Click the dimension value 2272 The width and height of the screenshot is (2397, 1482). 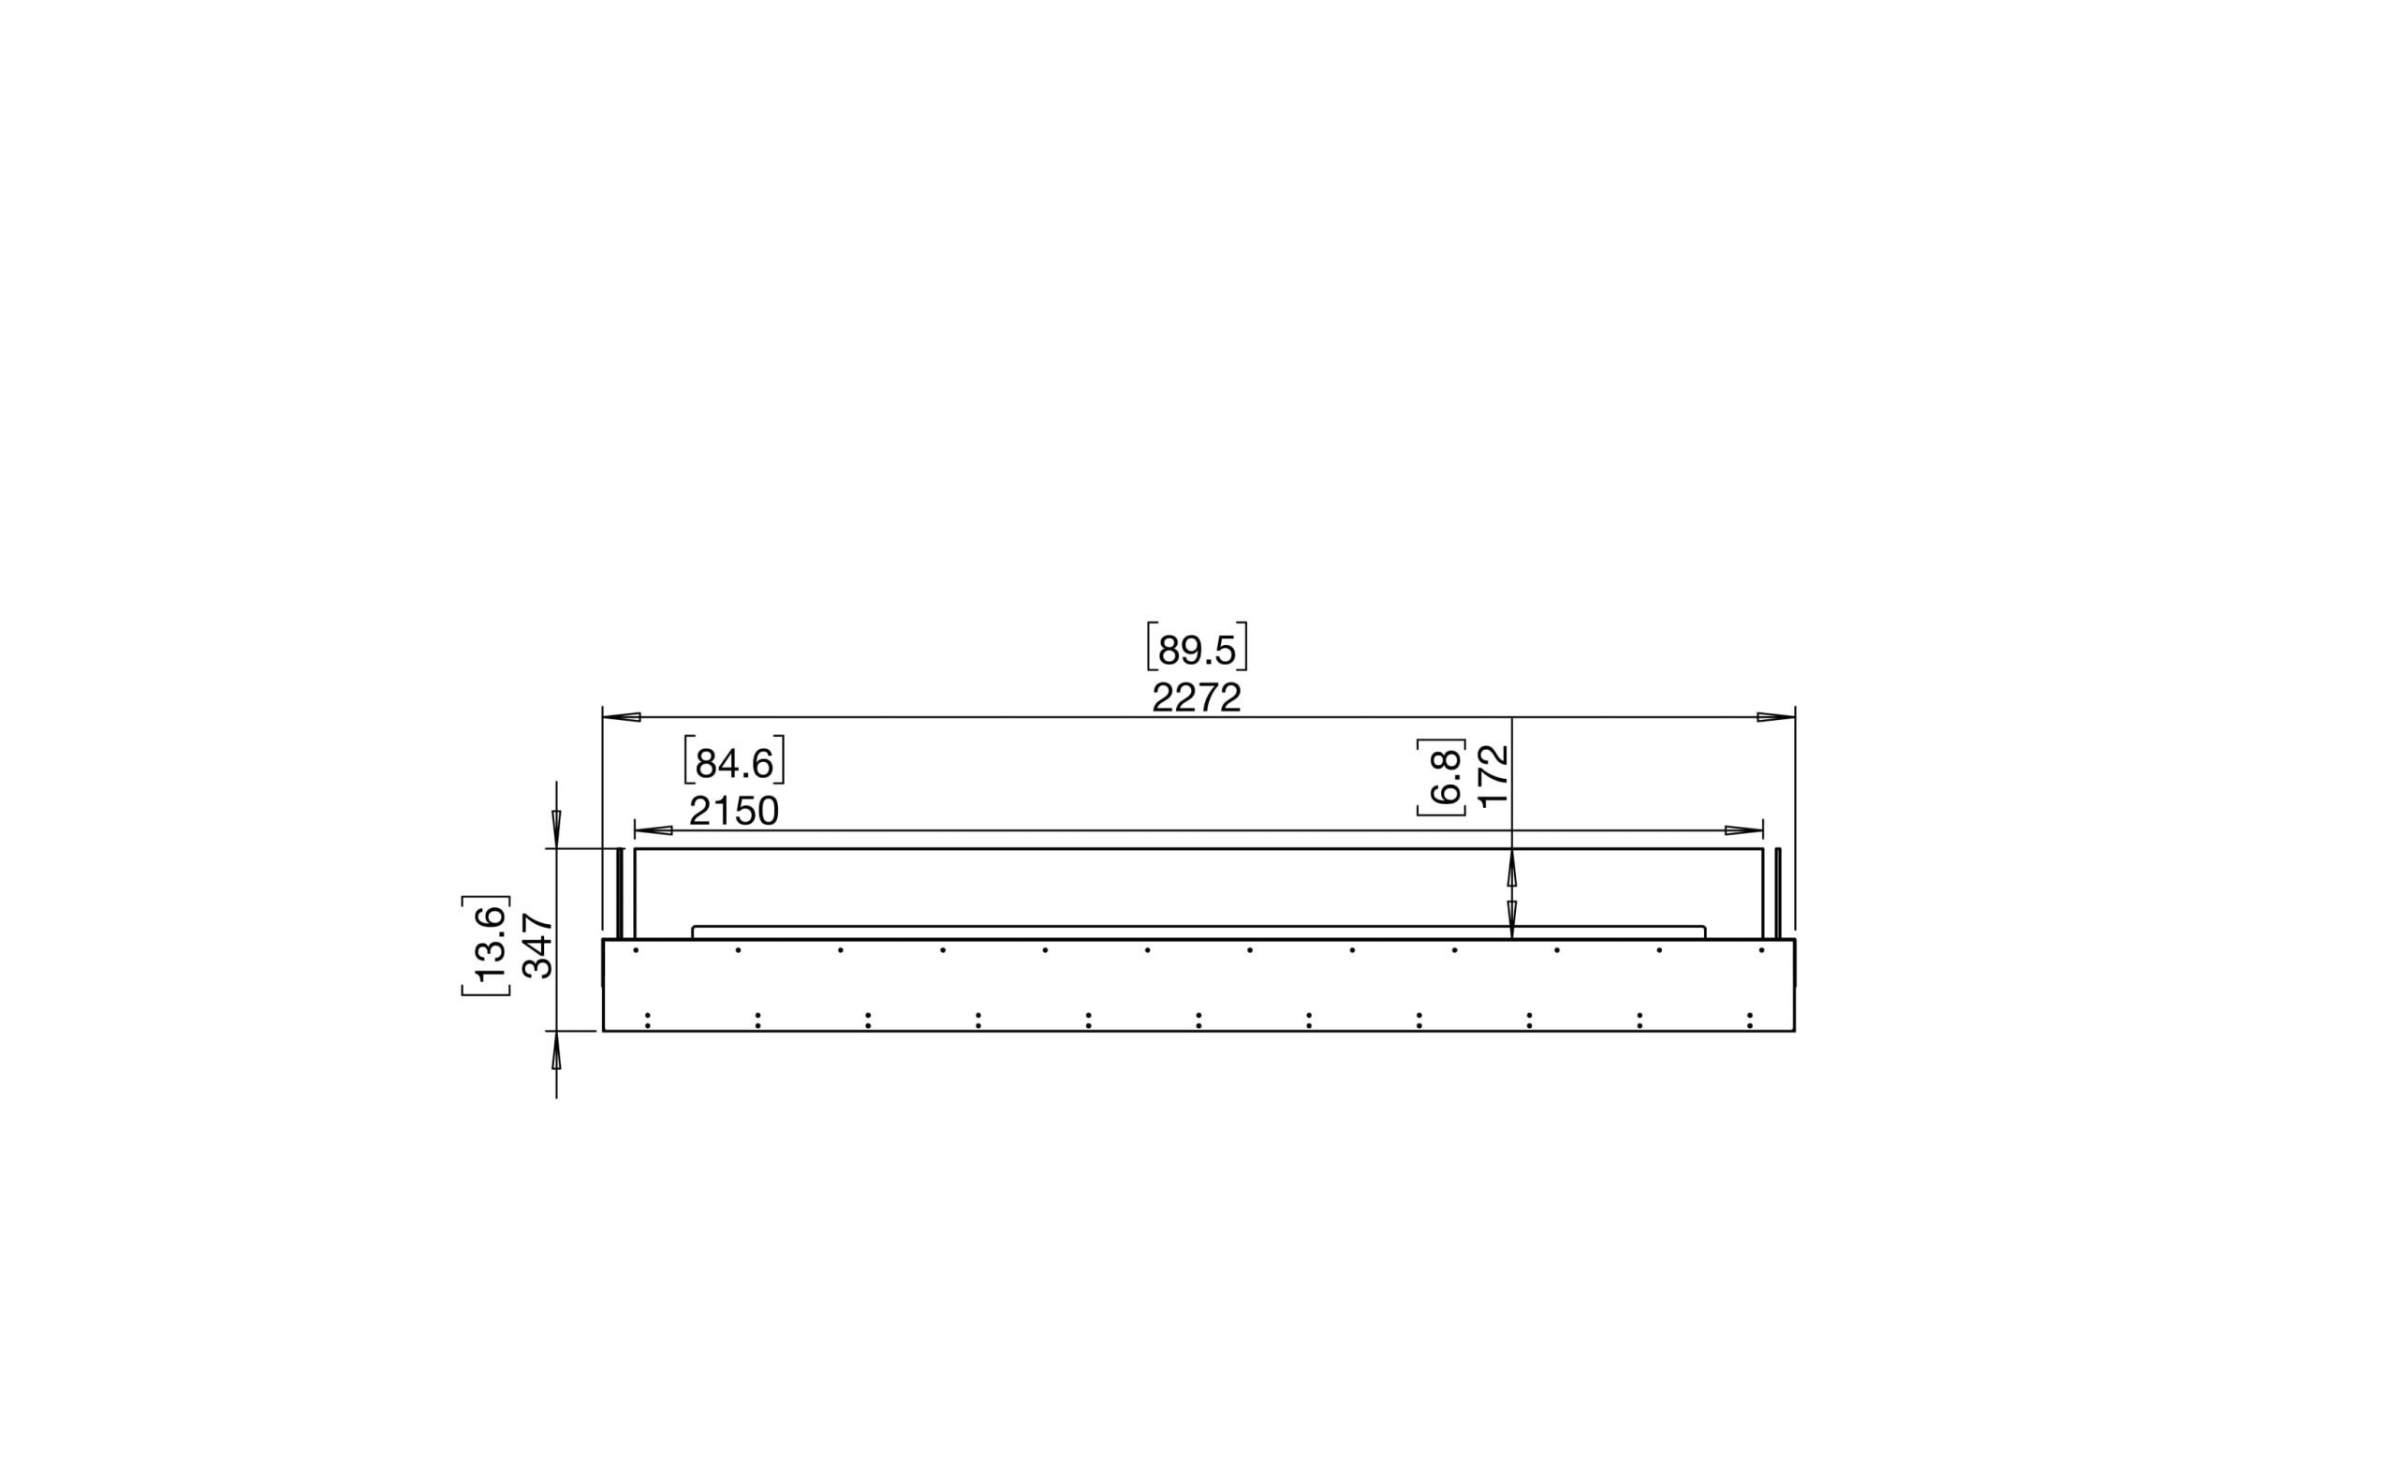[1196, 697]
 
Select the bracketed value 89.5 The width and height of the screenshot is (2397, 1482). [1197, 648]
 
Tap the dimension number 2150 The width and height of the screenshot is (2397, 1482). [733, 812]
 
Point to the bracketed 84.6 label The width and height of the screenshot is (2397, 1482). [734, 760]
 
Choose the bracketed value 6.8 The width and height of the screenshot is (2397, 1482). [1441, 777]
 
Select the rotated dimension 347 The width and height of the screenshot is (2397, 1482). [537, 946]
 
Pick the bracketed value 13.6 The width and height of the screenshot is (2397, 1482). [486, 946]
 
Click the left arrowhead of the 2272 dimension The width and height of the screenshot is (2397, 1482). [622, 717]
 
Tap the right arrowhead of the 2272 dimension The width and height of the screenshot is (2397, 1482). [1775, 717]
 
